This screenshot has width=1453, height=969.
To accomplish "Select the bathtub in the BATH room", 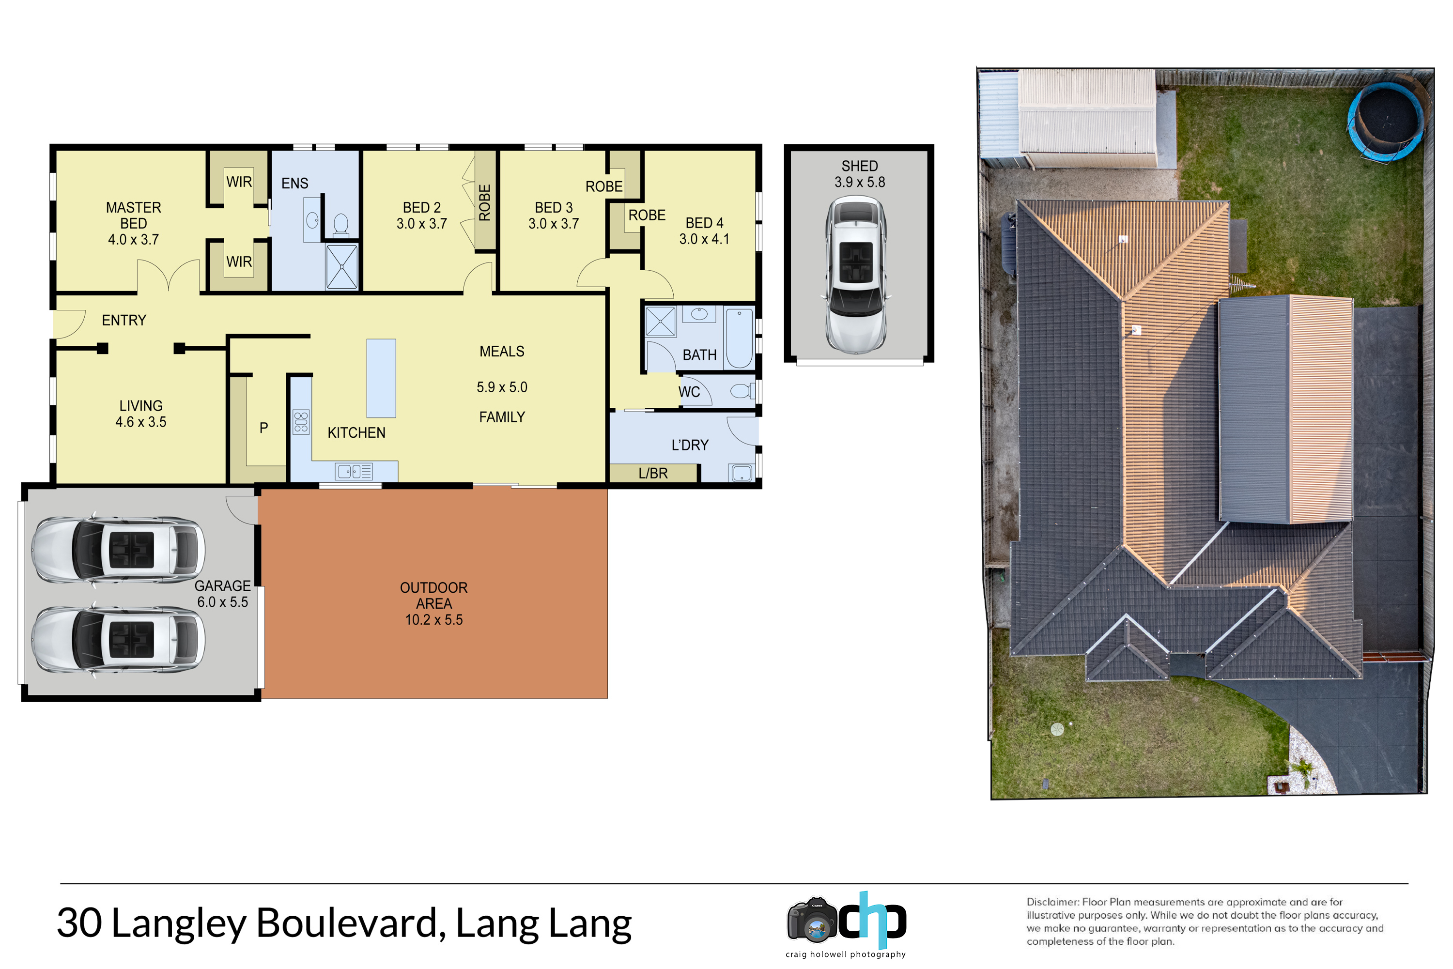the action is click(739, 338).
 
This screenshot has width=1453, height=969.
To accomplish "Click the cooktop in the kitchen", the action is click(301, 422).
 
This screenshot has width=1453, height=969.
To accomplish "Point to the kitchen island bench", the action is click(381, 378).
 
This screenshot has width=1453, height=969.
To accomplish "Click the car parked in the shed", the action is click(856, 275).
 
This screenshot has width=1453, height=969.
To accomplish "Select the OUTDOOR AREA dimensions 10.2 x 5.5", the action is click(434, 620).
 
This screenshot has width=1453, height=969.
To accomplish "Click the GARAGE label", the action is click(222, 586).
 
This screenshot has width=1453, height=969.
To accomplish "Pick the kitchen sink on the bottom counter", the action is click(354, 472).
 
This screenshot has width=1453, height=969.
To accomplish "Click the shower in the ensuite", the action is click(342, 266).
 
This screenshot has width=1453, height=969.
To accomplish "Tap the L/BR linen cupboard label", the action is click(653, 474).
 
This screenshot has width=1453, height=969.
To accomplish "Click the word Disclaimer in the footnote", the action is click(1052, 902).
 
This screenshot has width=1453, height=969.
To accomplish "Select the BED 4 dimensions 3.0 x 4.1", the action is click(705, 239).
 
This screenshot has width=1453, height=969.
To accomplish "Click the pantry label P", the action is click(264, 428).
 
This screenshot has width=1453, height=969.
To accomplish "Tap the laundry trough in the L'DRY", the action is click(741, 473).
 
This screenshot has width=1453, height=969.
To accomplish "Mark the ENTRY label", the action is click(124, 320).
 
